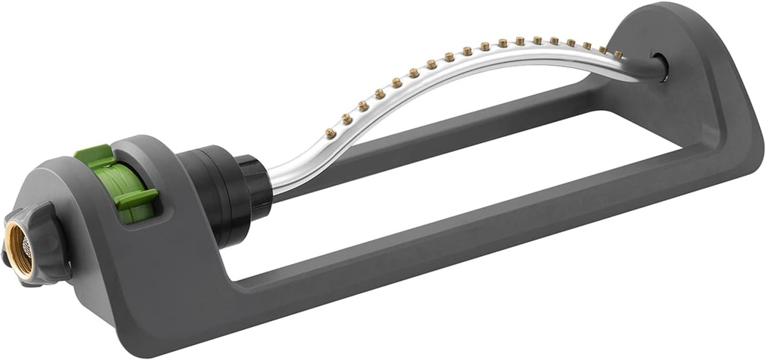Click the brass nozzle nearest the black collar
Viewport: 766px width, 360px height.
(329, 133)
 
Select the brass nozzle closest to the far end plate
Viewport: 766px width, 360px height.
(618, 53)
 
